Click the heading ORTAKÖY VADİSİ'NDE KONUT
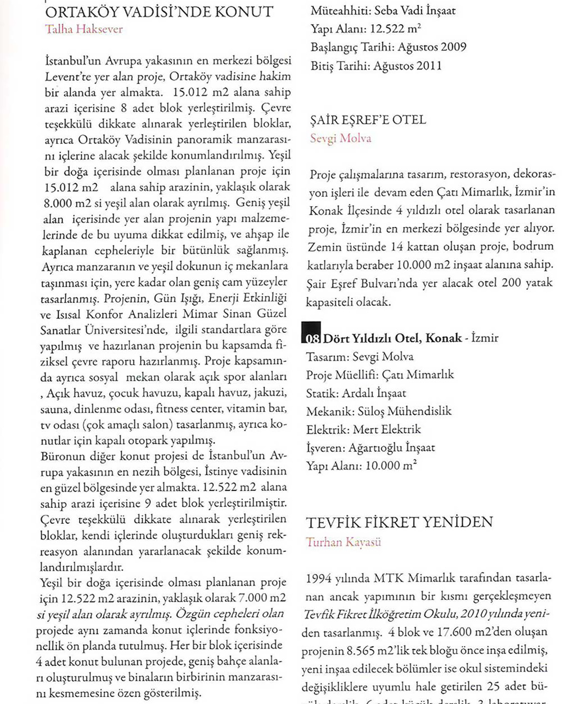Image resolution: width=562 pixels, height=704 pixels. [159, 12]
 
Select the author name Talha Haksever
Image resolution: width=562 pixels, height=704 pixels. [84, 29]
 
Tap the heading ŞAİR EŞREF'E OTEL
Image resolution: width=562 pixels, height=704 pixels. [368, 120]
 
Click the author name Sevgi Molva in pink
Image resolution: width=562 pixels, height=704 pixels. [341, 138]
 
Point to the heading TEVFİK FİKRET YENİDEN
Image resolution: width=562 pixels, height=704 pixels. [400, 523]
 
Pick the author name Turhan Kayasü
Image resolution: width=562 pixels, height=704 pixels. [344, 542]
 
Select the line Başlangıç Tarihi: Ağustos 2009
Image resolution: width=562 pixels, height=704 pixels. [389, 47]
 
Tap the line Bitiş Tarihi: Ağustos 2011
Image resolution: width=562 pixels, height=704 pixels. [376, 66]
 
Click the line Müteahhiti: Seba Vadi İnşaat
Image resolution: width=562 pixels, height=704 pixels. [383, 10]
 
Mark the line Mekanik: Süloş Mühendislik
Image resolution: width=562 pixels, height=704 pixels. [379, 411]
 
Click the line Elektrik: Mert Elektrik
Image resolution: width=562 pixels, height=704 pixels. [363, 430]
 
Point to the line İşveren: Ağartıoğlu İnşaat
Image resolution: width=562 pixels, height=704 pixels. [370, 447]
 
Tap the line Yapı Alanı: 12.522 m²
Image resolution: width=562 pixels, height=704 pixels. [366, 29]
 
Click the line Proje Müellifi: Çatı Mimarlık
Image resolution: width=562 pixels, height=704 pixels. [380, 375]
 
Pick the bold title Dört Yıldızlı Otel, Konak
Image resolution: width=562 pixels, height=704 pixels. [392, 338]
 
